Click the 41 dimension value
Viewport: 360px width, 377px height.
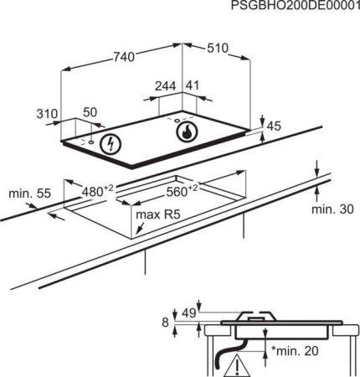[192, 85]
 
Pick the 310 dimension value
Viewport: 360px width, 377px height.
[47, 114]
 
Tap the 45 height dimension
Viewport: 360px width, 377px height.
[272, 126]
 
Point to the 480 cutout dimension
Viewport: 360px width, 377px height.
[96, 190]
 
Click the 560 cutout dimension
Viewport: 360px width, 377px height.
[181, 190]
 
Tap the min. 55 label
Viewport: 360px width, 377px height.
[30, 194]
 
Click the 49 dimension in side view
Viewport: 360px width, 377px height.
[188, 312]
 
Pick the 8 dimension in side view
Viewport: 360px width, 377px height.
[166, 322]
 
